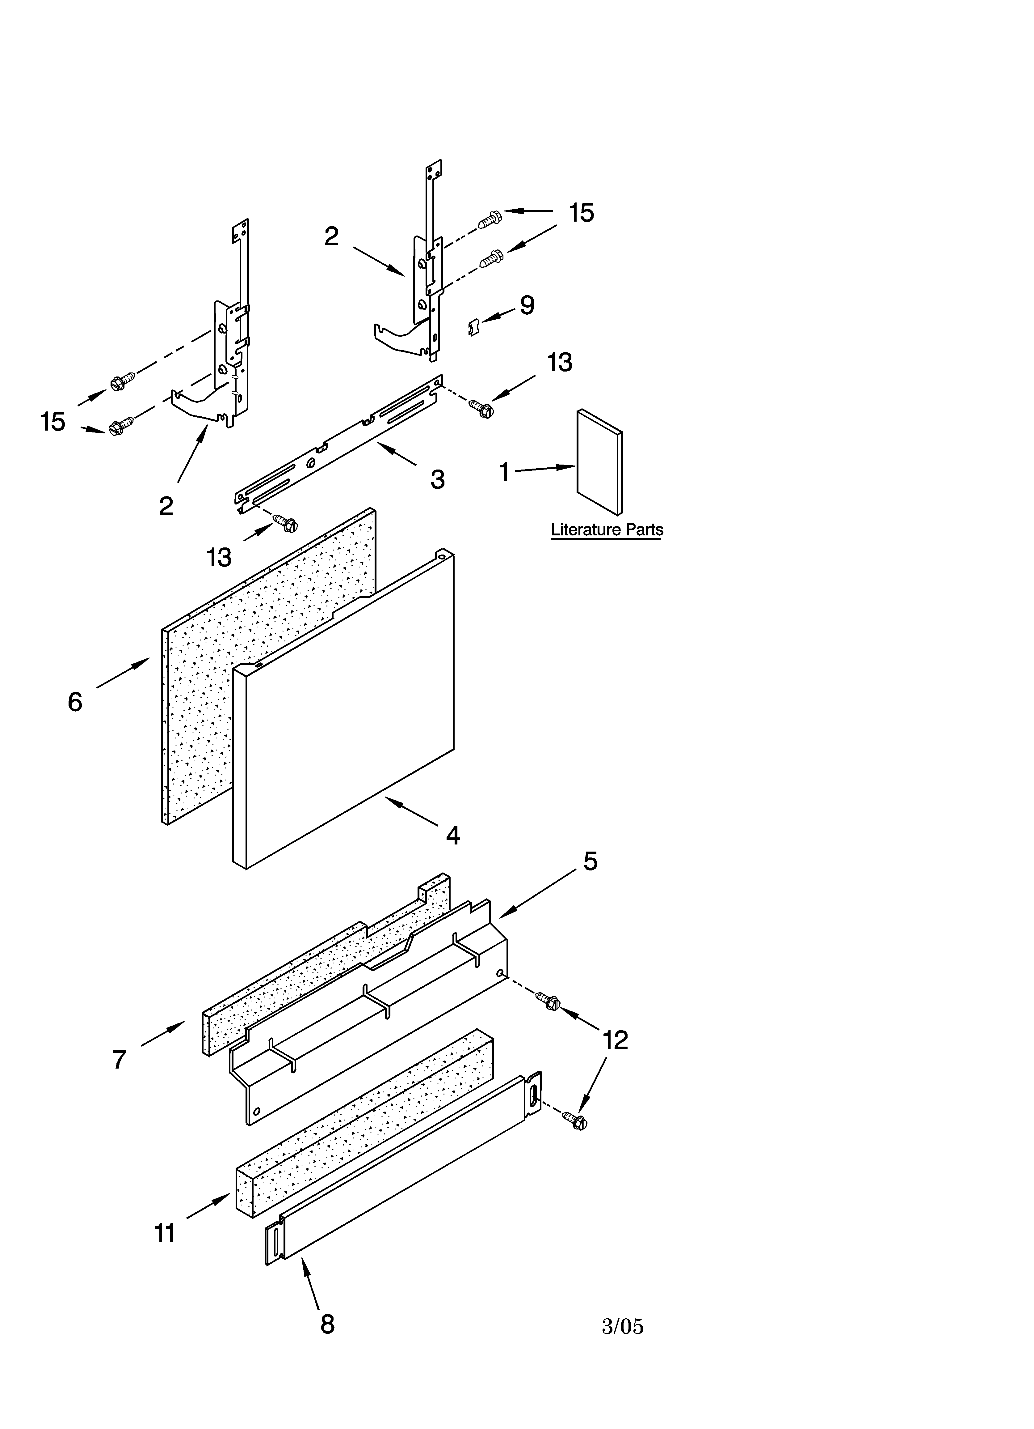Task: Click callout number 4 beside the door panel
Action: coord(453,836)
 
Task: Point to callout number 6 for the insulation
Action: coord(75,701)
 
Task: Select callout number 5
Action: coord(590,861)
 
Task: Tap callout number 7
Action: coord(120,1060)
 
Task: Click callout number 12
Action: coord(615,1040)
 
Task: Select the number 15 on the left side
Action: coord(53,422)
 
